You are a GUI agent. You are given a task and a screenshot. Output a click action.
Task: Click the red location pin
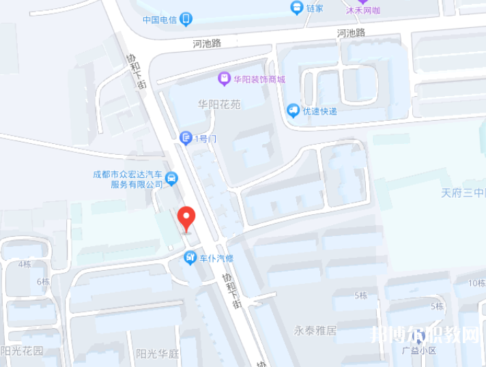186,219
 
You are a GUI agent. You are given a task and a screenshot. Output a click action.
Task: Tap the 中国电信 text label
160,20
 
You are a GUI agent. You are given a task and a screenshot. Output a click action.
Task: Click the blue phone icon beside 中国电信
186,20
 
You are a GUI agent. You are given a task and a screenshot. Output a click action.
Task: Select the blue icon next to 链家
296,8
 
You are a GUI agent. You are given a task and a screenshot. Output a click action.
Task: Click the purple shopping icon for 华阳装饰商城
223,79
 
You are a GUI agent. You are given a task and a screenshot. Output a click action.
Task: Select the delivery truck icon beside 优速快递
293,110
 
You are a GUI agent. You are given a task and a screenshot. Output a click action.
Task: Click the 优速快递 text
319,111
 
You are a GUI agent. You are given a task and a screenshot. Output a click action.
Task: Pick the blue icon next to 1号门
186,138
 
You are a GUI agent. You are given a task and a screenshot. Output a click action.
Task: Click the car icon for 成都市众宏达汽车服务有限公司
172,179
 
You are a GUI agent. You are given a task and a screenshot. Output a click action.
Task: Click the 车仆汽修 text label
216,259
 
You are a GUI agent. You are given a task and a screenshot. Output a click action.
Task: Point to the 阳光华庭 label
157,353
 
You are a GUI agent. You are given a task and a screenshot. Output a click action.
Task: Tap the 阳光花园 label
23,351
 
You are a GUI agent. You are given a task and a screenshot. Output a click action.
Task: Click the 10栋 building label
476,282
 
